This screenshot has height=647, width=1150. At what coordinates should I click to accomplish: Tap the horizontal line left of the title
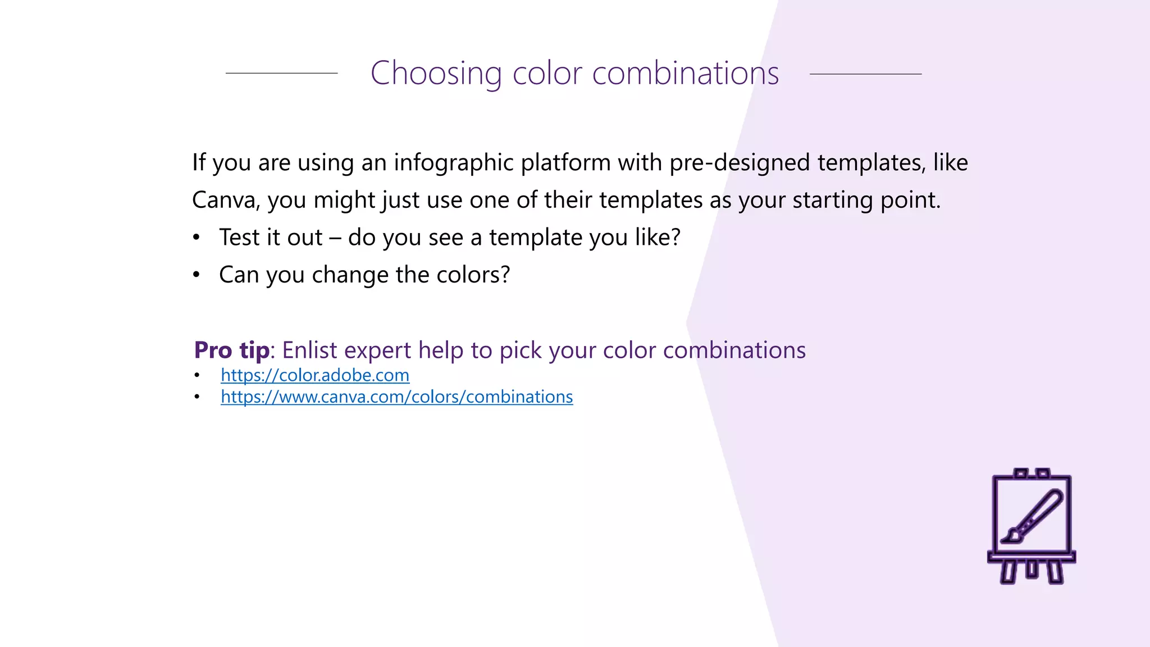pyautogui.click(x=281, y=73)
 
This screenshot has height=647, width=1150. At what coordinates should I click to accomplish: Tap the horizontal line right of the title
pyautogui.click(x=865, y=74)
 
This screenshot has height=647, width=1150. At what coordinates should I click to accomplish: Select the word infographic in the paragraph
pyautogui.click(x=453, y=163)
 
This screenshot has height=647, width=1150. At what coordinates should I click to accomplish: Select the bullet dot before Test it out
pyautogui.click(x=196, y=238)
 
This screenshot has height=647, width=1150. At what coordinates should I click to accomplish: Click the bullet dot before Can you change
pyautogui.click(x=196, y=275)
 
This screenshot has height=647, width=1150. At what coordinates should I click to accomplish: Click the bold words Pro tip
pyautogui.click(x=231, y=350)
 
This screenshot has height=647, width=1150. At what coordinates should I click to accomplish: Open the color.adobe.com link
pyautogui.click(x=314, y=375)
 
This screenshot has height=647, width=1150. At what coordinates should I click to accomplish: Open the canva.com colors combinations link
pyautogui.click(x=396, y=397)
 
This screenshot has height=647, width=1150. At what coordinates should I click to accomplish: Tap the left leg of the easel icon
pyautogui.click(x=1008, y=572)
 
